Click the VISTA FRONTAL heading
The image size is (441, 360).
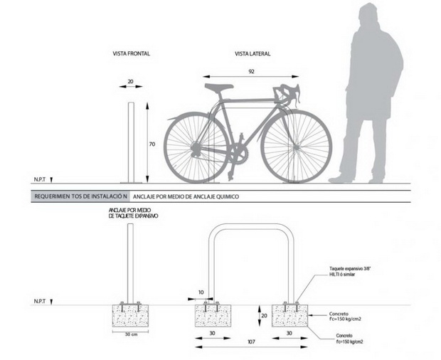click(132, 53)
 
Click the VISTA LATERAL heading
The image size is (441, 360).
click(253, 54)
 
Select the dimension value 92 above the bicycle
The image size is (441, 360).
click(251, 71)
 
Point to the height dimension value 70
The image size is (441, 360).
click(152, 144)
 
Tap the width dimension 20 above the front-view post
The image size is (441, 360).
click(130, 82)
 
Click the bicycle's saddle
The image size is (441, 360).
click(219, 88)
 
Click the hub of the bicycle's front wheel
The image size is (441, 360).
click(296, 147)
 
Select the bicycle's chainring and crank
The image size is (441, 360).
click(238, 155)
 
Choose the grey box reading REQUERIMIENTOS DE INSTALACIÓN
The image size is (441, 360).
click(80, 196)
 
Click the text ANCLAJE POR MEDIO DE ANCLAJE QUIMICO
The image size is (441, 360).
click(186, 196)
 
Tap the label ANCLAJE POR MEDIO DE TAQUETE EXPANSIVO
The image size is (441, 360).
click(133, 213)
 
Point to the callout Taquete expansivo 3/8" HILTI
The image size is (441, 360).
click(350, 271)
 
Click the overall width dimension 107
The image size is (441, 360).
click(251, 342)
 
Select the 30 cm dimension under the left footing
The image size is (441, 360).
click(131, 334)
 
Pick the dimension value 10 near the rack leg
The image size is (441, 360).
click(201, 292)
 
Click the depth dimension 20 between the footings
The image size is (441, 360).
click(264, 316)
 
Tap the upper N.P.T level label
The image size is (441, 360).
click(40, 179)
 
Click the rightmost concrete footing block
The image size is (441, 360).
click(289, 316)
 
